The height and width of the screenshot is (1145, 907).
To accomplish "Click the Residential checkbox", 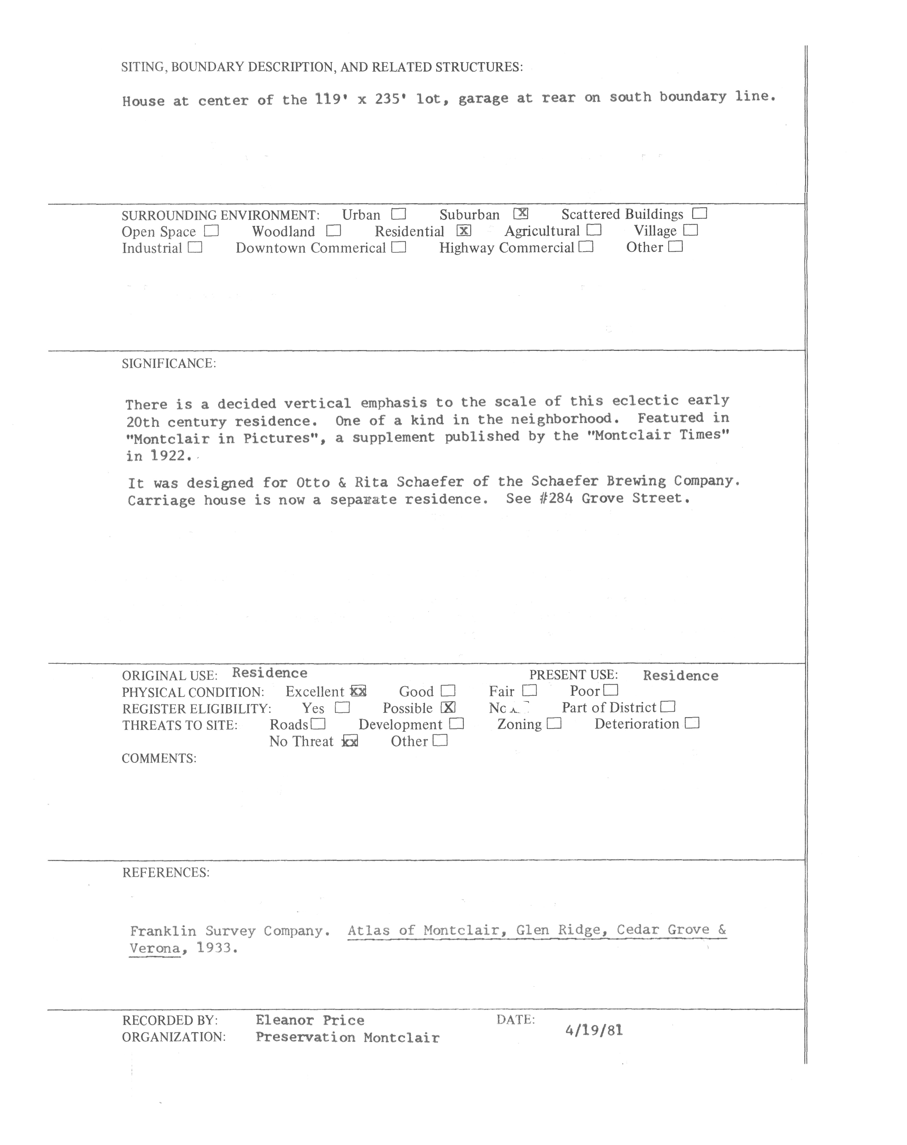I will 463,230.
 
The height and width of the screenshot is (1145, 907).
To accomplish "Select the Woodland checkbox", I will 333,231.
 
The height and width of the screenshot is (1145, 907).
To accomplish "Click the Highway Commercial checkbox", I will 586,247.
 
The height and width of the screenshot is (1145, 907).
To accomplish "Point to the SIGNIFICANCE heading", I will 169,364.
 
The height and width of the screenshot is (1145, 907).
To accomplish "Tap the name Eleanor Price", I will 310,1020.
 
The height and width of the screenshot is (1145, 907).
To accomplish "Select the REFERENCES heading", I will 165,873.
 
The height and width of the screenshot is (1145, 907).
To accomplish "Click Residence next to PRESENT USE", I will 681,675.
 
